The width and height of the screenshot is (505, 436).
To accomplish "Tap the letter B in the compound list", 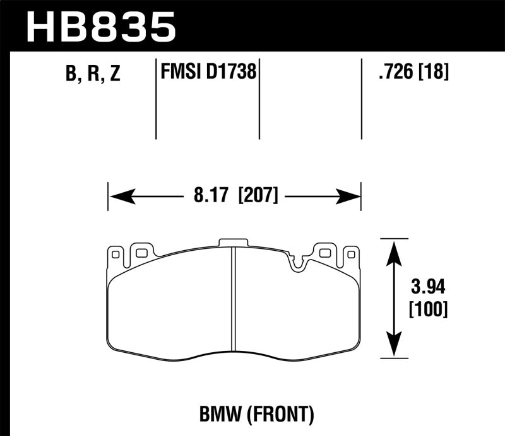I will point(70,74).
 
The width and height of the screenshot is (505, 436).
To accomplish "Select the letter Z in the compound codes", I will point(114,74).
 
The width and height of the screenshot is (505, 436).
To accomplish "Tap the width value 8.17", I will point(211,196).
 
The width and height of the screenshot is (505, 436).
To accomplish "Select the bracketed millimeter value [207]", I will point(258,196).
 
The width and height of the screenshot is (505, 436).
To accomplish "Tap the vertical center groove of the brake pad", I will point(234,302).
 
